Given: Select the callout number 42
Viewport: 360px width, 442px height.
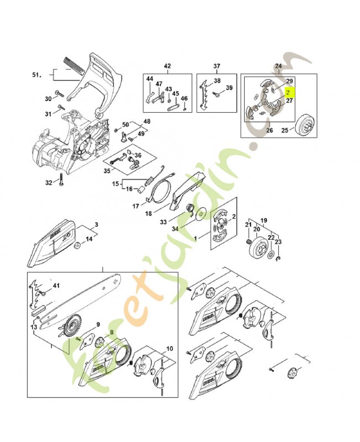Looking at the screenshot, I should click(x=167, y=66).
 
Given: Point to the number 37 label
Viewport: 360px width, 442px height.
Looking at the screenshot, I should click(x=217, y=66).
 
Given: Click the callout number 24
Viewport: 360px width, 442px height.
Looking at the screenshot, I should click(x=278, y=66).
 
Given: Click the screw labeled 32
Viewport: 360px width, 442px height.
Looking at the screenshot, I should click(x=61, y=182).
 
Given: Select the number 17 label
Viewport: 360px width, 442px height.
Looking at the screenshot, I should click(x=135, y=207).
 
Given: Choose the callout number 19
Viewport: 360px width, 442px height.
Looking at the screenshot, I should click(x=263, y=219).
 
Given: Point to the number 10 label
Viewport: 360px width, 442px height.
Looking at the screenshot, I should click(x=169, y=349).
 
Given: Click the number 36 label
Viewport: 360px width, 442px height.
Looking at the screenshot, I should click(x=138, y=156).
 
